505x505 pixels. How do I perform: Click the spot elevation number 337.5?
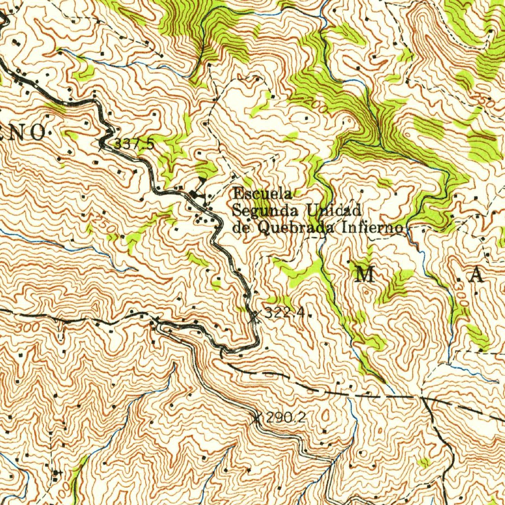[x=134, y=144]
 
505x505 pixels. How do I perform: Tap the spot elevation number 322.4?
[x=286, y=313]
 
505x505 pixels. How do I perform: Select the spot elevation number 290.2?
[x=286, y=418]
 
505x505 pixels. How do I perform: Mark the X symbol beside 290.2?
[x=256, y=419]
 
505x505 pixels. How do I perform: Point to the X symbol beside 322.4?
[x=254, y=314]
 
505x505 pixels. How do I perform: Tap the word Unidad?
[x=334, y=211]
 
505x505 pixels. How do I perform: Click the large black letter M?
[x=365, y=275]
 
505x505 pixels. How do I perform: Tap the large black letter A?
[x=476, y=276]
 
